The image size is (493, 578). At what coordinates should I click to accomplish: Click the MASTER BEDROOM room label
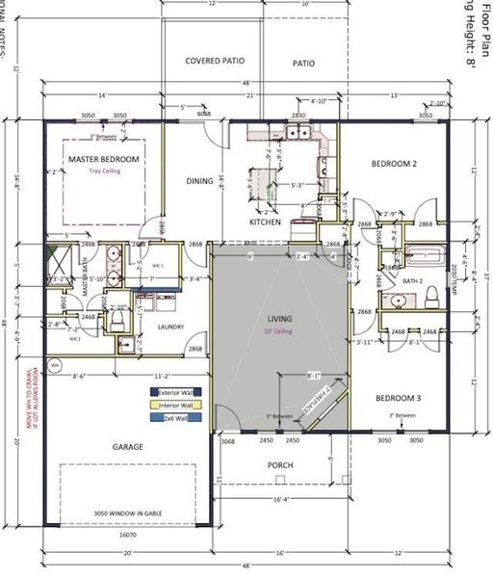pos(103,158)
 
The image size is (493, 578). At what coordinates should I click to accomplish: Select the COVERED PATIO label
pos(215,61)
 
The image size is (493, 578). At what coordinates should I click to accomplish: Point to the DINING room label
pos(199,180)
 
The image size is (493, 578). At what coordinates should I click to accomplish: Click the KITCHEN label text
pos(265,222)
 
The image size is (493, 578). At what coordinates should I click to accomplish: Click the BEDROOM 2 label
pos(394,164)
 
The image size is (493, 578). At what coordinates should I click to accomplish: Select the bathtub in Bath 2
pos(424,257)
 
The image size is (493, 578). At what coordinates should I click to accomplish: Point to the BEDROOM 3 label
pos(398,398)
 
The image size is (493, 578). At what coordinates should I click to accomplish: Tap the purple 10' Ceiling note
pos(279,331)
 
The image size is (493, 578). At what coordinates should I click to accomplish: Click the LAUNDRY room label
pos(169,327)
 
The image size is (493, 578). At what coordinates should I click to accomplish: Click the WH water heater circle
pos(55,366)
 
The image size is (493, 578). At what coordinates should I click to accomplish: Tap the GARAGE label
pos(128,447)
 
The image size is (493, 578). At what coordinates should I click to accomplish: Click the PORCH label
pos(279,465)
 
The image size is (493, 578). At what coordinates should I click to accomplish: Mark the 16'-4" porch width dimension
pos(279,500)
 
